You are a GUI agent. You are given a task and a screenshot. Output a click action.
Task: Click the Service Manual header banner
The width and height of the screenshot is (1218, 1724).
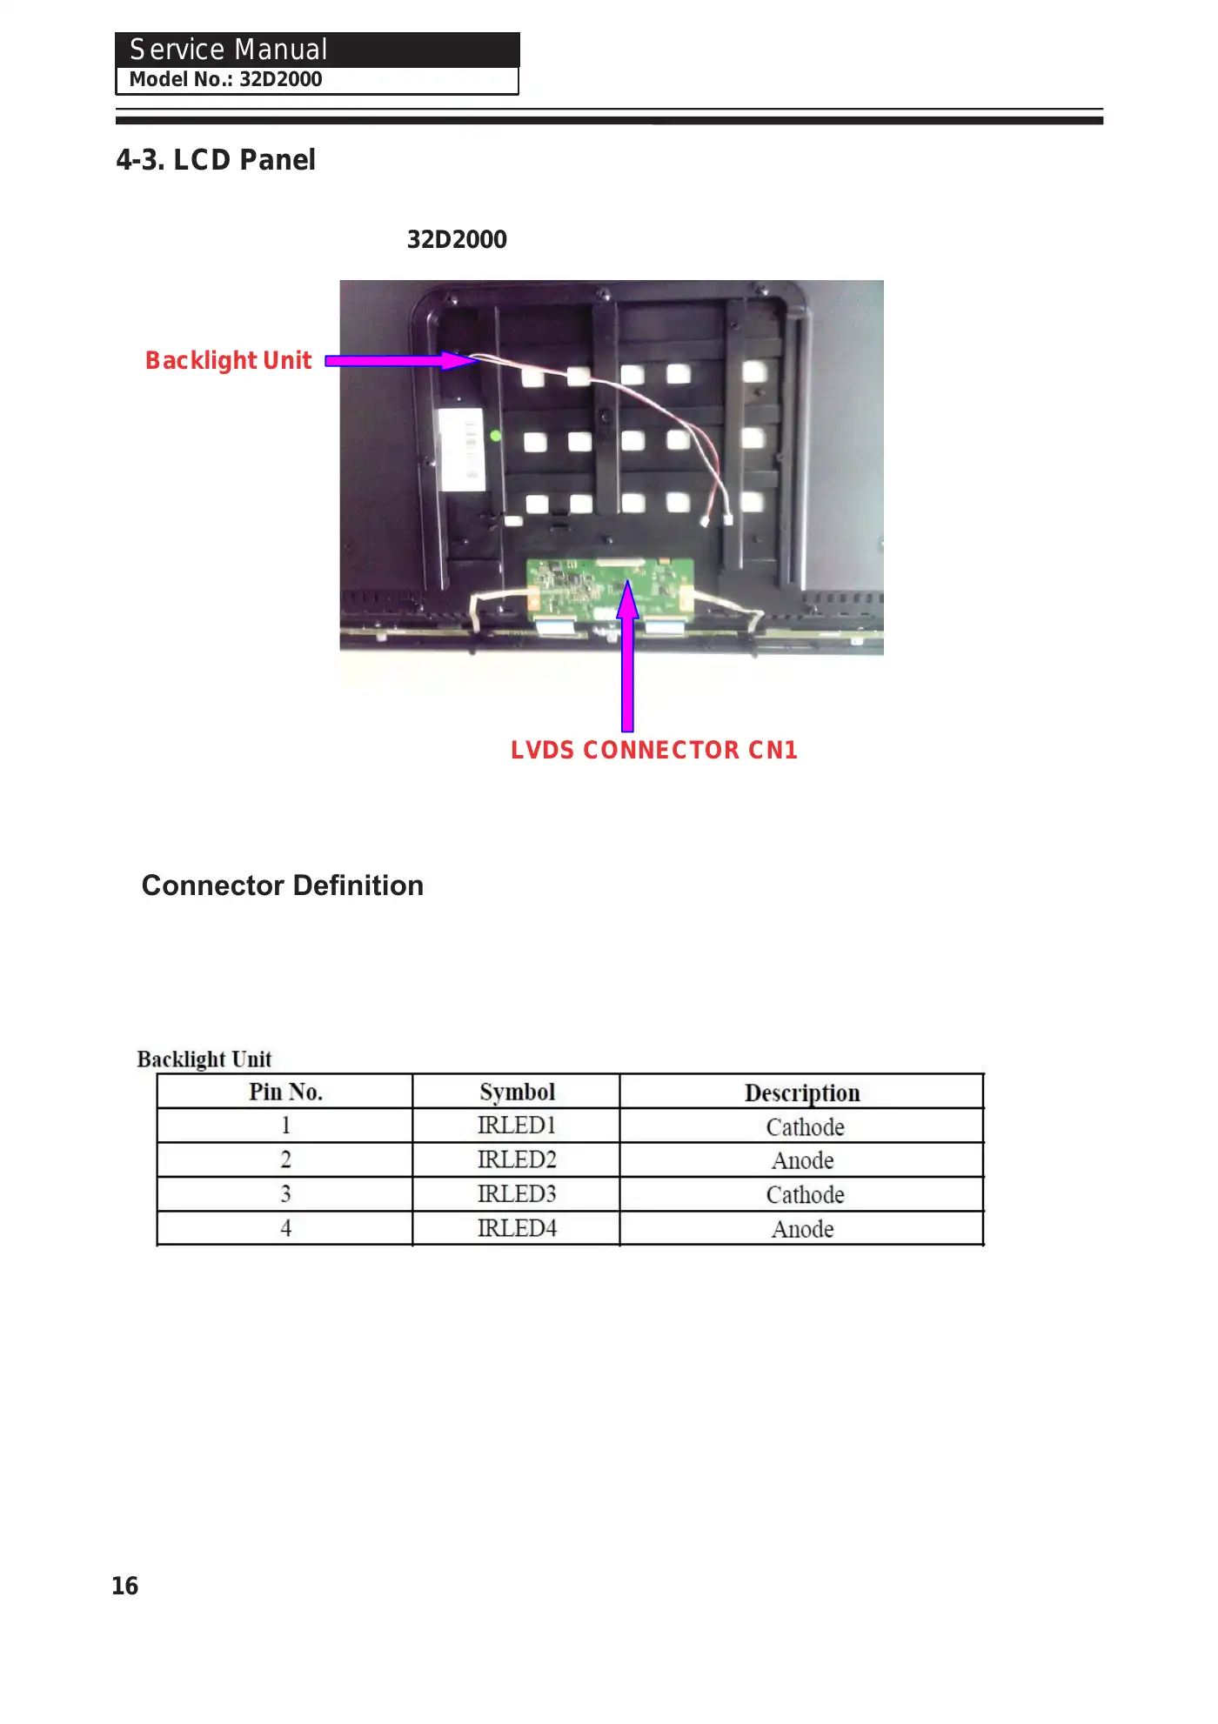317,50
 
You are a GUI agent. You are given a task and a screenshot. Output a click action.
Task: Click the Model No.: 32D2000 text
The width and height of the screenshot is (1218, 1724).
226,80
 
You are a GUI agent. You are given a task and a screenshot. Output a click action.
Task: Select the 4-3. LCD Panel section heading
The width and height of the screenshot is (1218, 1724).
216,160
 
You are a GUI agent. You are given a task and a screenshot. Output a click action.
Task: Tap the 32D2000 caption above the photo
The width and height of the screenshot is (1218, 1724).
457,239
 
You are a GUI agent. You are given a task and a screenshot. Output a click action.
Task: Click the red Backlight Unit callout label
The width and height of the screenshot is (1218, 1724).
228,360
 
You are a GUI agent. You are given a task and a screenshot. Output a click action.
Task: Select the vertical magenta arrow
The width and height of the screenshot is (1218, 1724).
627,661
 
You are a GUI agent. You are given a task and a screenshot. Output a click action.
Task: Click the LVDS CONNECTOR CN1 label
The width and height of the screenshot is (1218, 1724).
654,750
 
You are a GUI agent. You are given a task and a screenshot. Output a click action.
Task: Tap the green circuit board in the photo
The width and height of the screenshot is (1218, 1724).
609,588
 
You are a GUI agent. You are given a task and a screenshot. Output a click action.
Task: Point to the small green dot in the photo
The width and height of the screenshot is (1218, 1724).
495,436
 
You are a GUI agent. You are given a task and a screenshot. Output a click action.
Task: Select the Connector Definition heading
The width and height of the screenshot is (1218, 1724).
283,885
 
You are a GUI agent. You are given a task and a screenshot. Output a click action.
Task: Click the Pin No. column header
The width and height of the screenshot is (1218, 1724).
285,1092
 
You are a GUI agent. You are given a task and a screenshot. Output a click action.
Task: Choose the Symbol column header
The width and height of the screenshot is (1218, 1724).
517,1092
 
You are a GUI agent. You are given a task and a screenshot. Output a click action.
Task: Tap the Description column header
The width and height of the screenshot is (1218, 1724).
802,1093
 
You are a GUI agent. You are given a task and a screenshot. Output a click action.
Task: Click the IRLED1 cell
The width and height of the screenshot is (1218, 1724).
517,1126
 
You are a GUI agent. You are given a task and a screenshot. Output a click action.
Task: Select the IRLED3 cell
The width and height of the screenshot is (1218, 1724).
517,1194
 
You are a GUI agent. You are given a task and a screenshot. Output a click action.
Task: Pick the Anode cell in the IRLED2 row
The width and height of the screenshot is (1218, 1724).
802,1160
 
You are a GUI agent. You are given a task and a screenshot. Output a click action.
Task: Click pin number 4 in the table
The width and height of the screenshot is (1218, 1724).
285,1228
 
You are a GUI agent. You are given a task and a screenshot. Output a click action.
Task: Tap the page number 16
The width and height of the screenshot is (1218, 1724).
125,1586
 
